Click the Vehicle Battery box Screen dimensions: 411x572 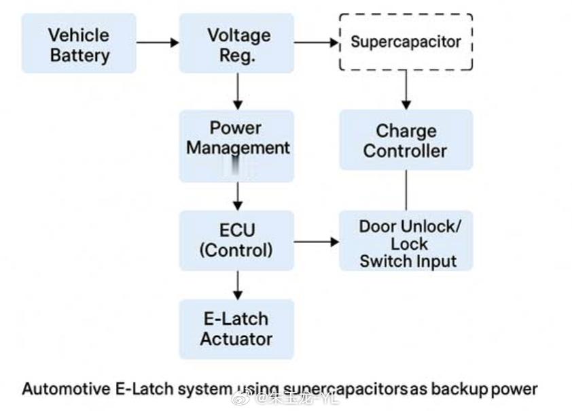pos(79,44)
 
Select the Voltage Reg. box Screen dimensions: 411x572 pos(236,44)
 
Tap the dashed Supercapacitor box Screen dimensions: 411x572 pos(406,42)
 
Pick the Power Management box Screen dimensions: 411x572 pos(236,146)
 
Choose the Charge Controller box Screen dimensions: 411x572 pos(406,140)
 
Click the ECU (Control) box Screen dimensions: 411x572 pos(236,240)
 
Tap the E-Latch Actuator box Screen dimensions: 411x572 pos(236,329)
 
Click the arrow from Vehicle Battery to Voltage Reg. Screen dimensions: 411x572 pos(158,42)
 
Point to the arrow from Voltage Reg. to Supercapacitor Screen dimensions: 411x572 pos(316,42)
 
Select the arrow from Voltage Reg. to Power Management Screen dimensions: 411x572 pos(237,91)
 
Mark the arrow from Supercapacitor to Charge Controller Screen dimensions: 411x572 pos(406,89)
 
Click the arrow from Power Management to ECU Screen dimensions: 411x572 pos(237,196)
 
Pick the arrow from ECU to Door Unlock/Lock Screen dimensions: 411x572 pos(316,242)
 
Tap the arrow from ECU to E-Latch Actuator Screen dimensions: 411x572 pos(237,284)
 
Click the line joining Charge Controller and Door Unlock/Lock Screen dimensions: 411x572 pos(406,191)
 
